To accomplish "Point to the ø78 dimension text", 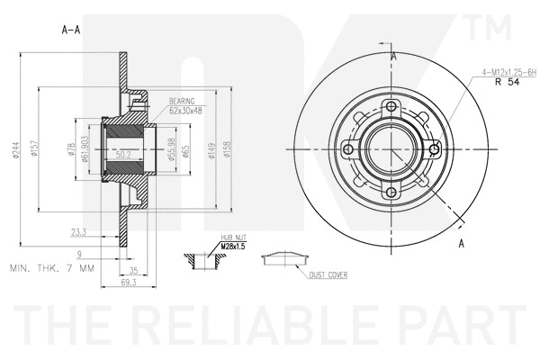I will (70, 152).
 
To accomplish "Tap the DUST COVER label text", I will (328, 274).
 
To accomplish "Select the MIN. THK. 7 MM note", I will (51, 268).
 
